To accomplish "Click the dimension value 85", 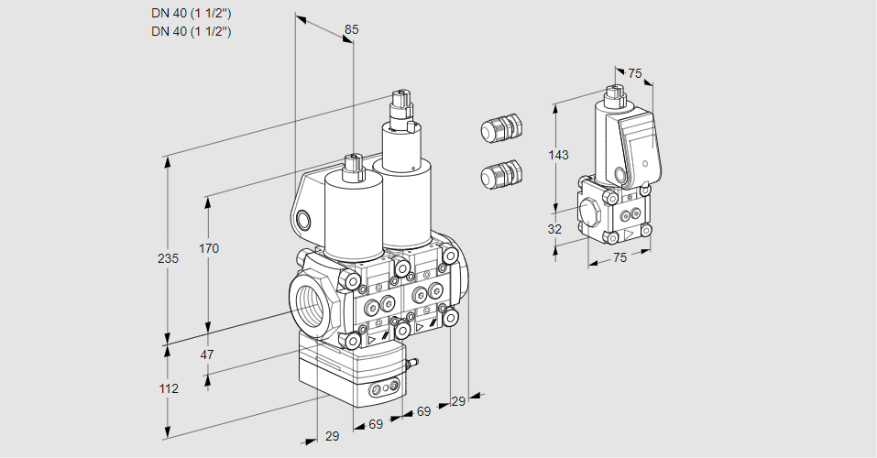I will (351, 29).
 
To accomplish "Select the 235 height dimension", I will (168, 258).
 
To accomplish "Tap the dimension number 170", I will (209, 248).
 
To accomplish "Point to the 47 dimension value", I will (207, 354).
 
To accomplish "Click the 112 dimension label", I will (168, 388).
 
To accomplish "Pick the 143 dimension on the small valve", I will (558, 155).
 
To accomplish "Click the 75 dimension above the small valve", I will (634, 74).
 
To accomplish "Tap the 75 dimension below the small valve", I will (619, 258).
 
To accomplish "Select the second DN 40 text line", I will (191, 31).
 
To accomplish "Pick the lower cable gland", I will (500, 173).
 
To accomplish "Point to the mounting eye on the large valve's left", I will (303, 219).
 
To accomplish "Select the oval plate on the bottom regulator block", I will (384, 390).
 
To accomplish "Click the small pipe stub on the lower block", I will (411, 366).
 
